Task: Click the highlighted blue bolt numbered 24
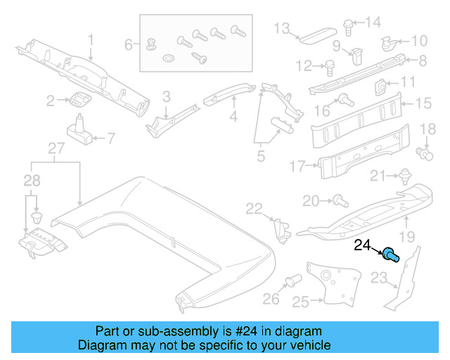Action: [391, 255]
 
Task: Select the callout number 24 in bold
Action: [362, 245]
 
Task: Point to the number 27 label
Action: [56, 148]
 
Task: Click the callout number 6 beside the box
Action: [129, 45]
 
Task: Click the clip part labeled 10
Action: [387, 43]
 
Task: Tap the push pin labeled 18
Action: [425, 151]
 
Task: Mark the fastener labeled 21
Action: [404, 176]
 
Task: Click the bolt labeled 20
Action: [338, 202]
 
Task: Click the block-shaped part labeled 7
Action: [79, 132]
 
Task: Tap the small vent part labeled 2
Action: [79, 100]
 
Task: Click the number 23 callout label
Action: [379, 280]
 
